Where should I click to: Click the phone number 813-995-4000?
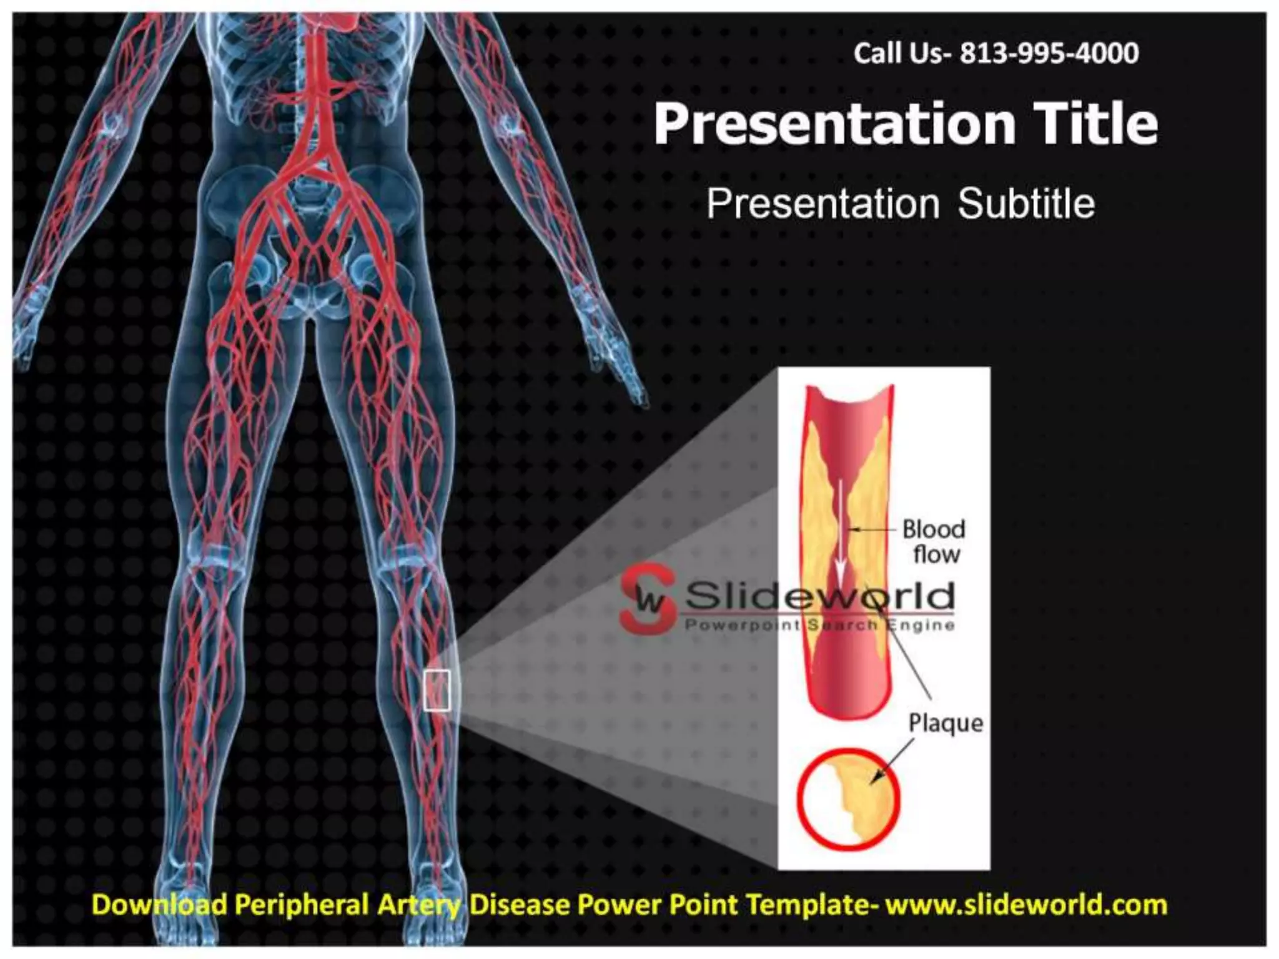click(x=1049, y=54)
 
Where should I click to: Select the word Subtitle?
click(x=1026, y=204)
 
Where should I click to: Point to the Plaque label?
click(x=946, y=723)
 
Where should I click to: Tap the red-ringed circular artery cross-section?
click(x=849, y=799)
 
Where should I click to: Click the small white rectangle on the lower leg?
click(x=437, y=690)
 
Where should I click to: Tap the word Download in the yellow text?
click(x=159, y=904)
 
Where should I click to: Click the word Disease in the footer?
click(x=518, y=904)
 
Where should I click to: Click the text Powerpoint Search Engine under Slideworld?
click(x=819, y=624)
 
